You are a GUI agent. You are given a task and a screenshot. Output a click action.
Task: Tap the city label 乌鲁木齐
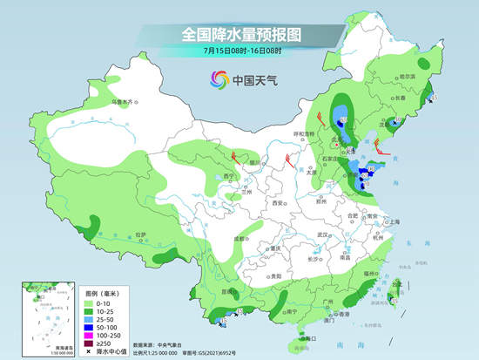click(126, 102)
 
